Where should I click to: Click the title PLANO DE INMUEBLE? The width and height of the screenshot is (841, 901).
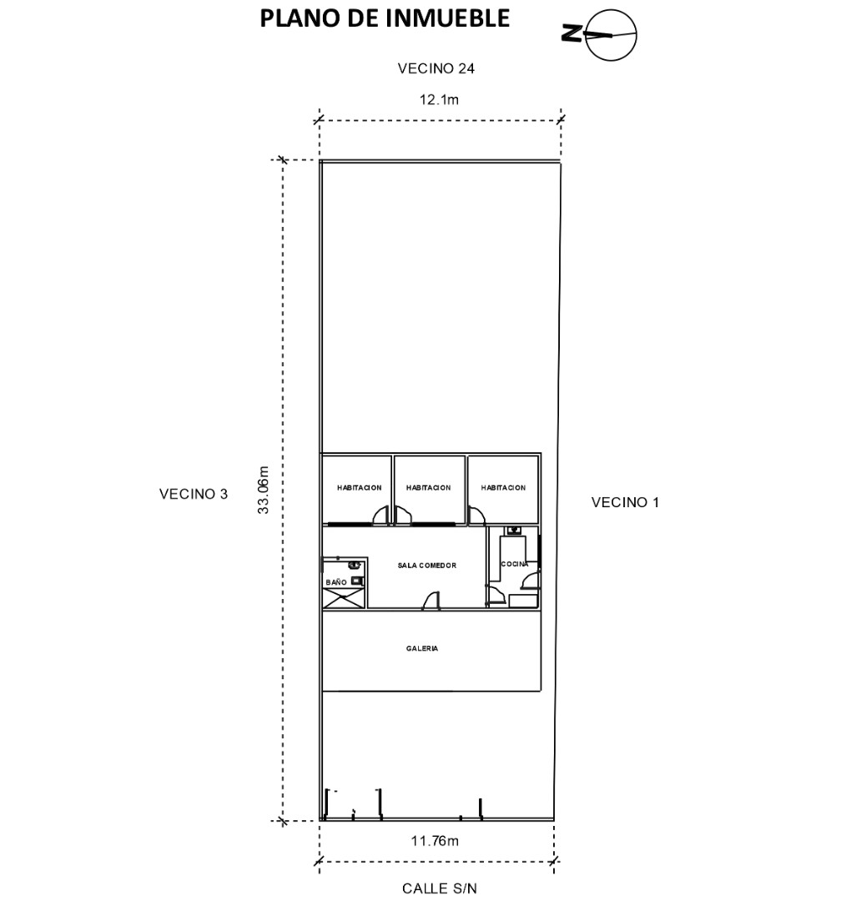pyautogui.click(x=385, y=18)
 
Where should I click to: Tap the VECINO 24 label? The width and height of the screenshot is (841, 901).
pyautogui.click(x=436, y=68)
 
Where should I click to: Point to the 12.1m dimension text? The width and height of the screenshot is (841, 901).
pyautogui.click(x=439, y=99)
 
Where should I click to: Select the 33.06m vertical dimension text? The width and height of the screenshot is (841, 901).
pyautogui.click(x=263, y=490)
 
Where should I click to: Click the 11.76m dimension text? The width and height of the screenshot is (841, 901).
pyautogui.click(x=435, y=841)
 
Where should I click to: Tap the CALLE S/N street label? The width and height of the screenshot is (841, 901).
pyautogui.click(x=439, y=888)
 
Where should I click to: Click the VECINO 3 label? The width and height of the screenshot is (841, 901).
pyautogui.click(x=194, y=494)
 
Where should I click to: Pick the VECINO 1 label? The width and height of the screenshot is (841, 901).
pyautogui.click(x=625, y=502)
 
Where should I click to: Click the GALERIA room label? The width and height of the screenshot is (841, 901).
pyautogui.click(x=422, y=648)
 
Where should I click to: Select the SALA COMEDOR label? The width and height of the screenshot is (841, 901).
pyautogui.click(x=427, y=566)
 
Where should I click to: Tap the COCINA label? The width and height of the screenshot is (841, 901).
pyautogui.click(x=515, y=564)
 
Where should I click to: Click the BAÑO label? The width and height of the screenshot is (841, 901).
pyautogui.click(x=336, y=581)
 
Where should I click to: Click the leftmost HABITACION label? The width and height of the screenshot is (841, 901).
pyautogui.click(x=360, y=487)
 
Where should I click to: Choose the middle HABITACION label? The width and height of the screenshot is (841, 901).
pyautogui.click(x=428, y=487)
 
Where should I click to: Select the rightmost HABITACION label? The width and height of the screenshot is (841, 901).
pyautogui.click(x=503, y=487)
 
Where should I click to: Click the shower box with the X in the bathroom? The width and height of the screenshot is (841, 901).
pyautogui.click(x=343, y=598)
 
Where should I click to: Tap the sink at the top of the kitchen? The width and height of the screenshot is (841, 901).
pyautogui.click(x=513, y=531)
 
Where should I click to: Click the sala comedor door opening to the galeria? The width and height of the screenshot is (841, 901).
pyautogui.click(x=431, y=601)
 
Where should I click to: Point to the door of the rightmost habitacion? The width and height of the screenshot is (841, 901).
pyautogui.click(x=476, y=516)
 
